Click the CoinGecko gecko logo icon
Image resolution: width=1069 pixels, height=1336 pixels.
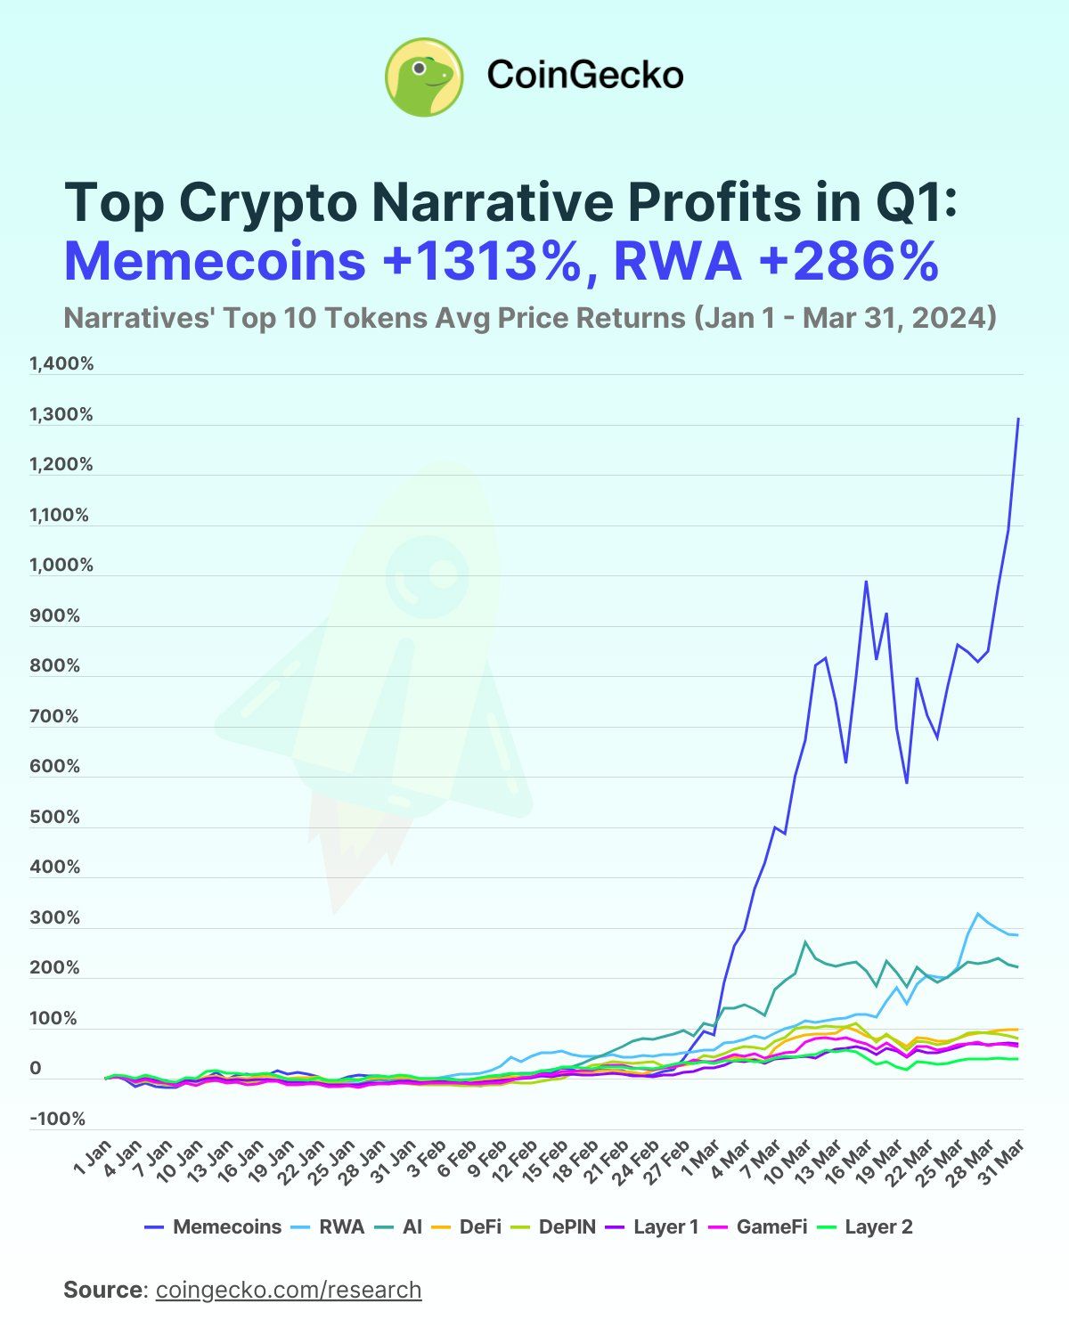pos(424,77)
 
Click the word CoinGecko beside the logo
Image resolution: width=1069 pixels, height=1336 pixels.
pos(585,76)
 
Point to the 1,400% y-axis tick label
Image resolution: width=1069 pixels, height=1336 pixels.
pos(61,364)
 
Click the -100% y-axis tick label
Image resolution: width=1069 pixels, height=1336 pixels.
pos(59,1120)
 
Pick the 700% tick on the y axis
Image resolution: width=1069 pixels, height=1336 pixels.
pos(55,717)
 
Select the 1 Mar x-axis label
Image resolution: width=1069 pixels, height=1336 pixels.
pos(702,1157)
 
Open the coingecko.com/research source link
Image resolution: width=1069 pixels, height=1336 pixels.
pos(289,1290)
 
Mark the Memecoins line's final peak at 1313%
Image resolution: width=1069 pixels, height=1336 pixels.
pos(1018,419)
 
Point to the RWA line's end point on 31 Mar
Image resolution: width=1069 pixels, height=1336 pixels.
pos(1017,934)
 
